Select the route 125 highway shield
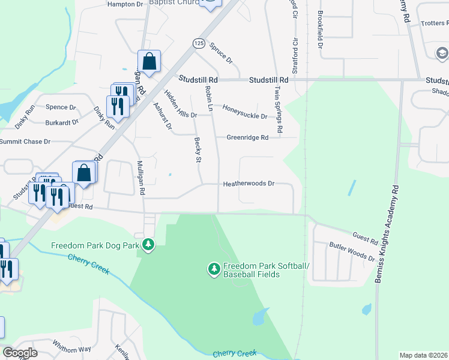click(x=199, y=43)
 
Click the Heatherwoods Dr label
click(x=249, y=184)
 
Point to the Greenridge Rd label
click(x=247, y=137)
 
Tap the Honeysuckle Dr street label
click(x=244, y=109)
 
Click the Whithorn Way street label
click(x=71, y=349)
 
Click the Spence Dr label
click(x=61, y=107)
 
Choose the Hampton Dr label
click(x=125, y=4)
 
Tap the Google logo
click(x=20, y=352)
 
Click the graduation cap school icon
click(x=442, y=53)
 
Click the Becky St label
click(x=197, y=149)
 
